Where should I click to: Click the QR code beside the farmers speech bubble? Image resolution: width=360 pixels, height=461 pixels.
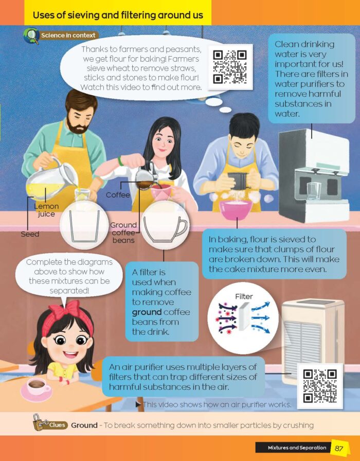pyautogui.click(x=230, y=67)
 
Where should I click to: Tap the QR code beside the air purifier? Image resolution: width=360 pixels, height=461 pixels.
pyautogui.click(x=320, y=386)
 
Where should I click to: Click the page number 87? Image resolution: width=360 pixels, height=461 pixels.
pyautogui.click(x=339, y=448)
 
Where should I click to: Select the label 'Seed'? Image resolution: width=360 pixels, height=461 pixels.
pyautogui.click(x=30, y=234)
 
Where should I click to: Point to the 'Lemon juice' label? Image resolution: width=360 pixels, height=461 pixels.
pyautogui.click(x=46, y=210)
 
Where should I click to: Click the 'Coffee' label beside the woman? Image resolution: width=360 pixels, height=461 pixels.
pyautogui.click(x=118, y=195)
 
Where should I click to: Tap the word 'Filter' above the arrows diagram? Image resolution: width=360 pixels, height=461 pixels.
pyautogui.click(x=244, y=296)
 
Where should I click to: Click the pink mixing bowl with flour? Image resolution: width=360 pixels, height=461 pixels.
pyautogui.click(x=236, y=209)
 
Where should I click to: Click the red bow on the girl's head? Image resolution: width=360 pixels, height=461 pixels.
pyautogui.click(x=65, y=311)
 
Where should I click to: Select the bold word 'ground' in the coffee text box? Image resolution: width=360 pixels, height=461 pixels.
pyautogui.click(x=147, y=312)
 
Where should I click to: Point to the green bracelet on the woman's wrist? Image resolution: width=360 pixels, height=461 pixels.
pyautogui.click(x=120, y=161)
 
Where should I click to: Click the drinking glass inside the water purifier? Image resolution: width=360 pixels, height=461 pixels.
pyautogui.click(x=314, y=192)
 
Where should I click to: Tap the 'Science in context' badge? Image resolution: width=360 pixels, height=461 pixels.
pyautogui.click(x=61, y=36)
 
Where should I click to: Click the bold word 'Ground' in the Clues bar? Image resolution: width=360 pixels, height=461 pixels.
pyautogui.click(x=84, y=425)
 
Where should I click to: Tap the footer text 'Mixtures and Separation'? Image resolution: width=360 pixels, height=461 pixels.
pyautogui.click(x=297, y=448)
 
